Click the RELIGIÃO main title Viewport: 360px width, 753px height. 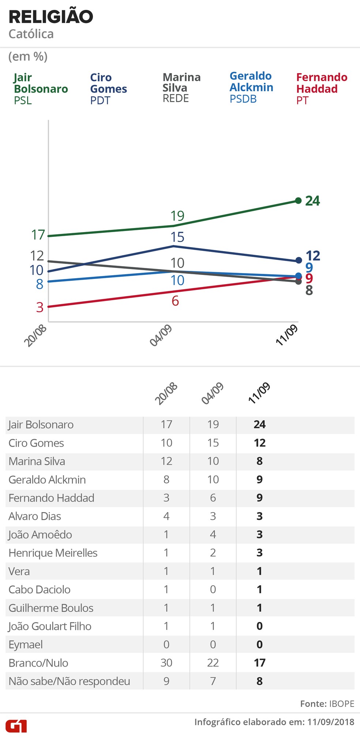[51, 17]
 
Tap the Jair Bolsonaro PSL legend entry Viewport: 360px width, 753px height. [41, 89]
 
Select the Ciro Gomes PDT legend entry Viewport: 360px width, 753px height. [108, 89]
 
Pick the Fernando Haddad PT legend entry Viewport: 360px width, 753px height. [321, 89]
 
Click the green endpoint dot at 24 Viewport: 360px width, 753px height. [298, 201]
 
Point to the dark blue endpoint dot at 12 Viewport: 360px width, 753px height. [298, 261]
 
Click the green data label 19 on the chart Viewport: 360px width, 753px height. [177, 216]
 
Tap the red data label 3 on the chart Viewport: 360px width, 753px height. [40, 307]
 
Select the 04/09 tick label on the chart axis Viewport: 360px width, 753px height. [161, 336]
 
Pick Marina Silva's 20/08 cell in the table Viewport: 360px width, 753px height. [166, 461]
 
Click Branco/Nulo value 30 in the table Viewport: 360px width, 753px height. [166, 663]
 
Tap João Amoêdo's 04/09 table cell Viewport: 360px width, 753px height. [213, 534]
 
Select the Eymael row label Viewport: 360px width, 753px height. [26, 644]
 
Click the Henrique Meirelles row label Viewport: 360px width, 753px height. [53, 553]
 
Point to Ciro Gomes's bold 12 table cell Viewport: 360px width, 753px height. [260, 443]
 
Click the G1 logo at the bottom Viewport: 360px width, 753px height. [16, 726]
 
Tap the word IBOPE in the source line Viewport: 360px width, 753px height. [342, 704]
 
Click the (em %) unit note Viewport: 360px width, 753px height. [28, 57]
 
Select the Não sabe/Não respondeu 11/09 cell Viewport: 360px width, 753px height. [260, 681]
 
